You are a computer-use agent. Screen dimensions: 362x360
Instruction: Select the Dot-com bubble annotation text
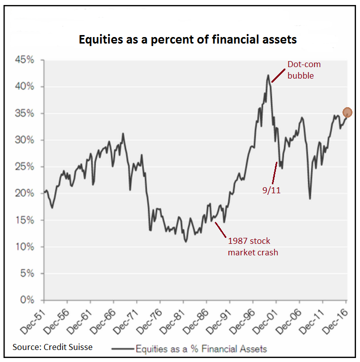point(303,70)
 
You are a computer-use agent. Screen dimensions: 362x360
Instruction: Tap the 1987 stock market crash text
point(252,247)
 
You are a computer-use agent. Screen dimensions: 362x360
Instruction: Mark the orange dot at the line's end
point(347,113)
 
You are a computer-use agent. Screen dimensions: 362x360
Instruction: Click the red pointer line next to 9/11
point(274,173)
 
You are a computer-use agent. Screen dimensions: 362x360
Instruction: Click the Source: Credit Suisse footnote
point(53,346)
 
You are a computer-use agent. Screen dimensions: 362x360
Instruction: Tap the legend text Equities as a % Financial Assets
point(201,349)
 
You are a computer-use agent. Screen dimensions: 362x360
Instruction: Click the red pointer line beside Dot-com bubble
point(277,74)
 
